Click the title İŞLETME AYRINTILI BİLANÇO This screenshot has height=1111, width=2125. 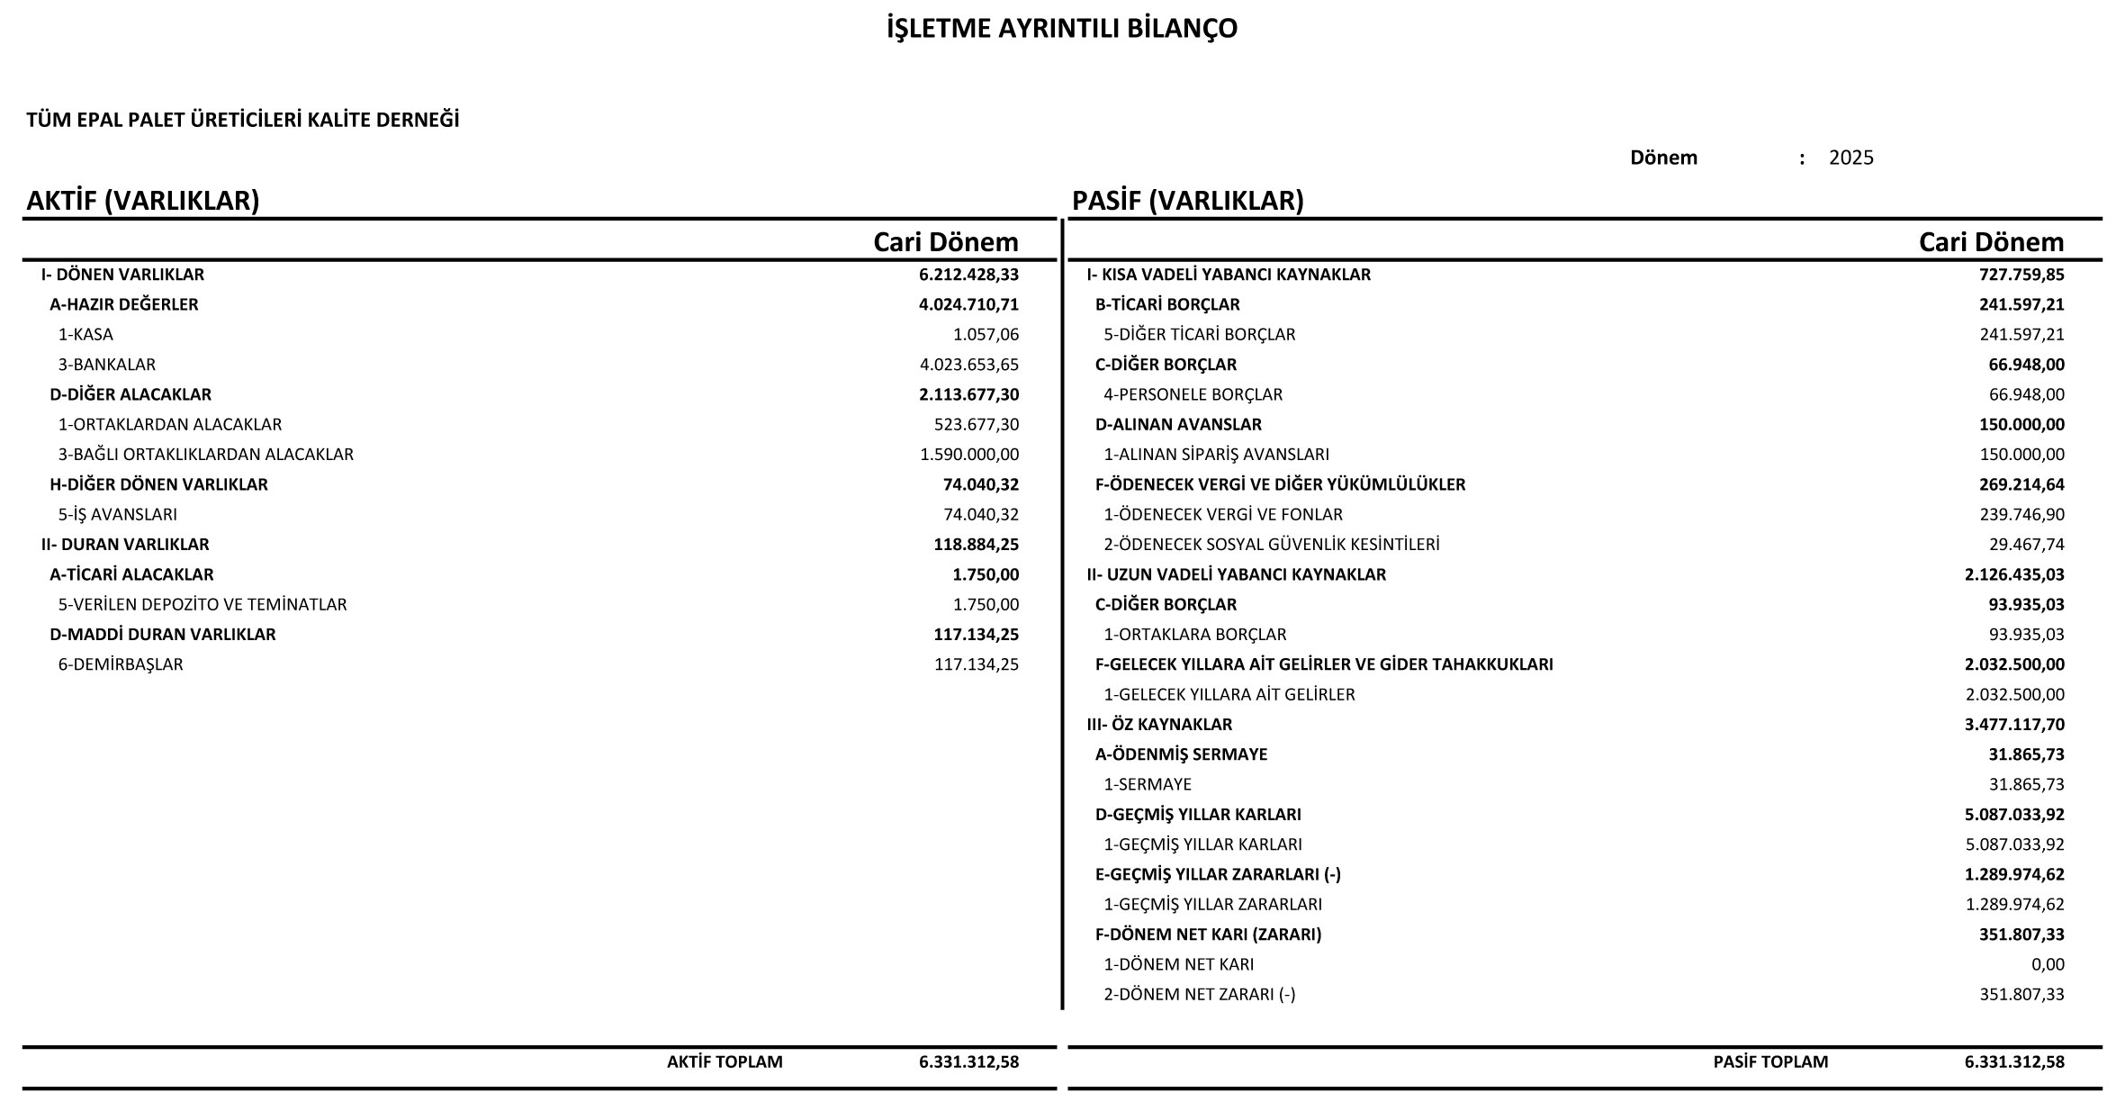click(1062, 29)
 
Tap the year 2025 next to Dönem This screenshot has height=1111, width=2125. click(1850, 158)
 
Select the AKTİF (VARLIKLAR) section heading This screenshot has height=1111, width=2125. click(143, 201)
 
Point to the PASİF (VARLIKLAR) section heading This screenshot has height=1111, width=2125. click(1187, 201)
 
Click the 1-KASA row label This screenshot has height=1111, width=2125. click(86, 334)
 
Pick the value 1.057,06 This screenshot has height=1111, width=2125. click(986, 334)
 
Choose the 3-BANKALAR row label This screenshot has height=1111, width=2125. click(107, 365)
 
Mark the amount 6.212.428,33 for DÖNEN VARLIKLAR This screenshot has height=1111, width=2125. click(968, 275)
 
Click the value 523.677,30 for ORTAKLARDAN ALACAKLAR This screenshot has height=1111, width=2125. click(977, 424)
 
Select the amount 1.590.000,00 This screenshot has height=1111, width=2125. click(969, 455)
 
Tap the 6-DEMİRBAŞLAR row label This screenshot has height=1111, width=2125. click(121, 664)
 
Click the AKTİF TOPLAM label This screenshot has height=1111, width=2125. click(725, 1061)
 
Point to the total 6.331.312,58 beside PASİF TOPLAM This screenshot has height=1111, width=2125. click(2014, 1061)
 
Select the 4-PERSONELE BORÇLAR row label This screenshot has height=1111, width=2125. click(1193, 394)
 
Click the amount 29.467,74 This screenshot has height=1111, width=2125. click(2026, 545)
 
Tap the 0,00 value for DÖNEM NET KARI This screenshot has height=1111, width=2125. click(2048, 964)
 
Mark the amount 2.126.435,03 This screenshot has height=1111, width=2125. click(2014, 574)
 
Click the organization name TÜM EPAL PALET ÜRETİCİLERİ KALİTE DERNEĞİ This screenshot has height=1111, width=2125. click(243, 120)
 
